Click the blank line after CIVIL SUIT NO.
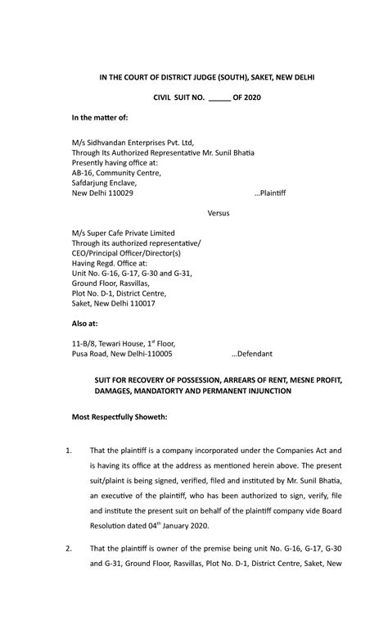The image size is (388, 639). (219, 98)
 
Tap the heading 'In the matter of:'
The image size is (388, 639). (100, 119)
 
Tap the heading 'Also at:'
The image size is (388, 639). (84, 324)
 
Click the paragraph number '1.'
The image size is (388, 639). (70, 450)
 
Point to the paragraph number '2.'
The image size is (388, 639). (70, 547)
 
